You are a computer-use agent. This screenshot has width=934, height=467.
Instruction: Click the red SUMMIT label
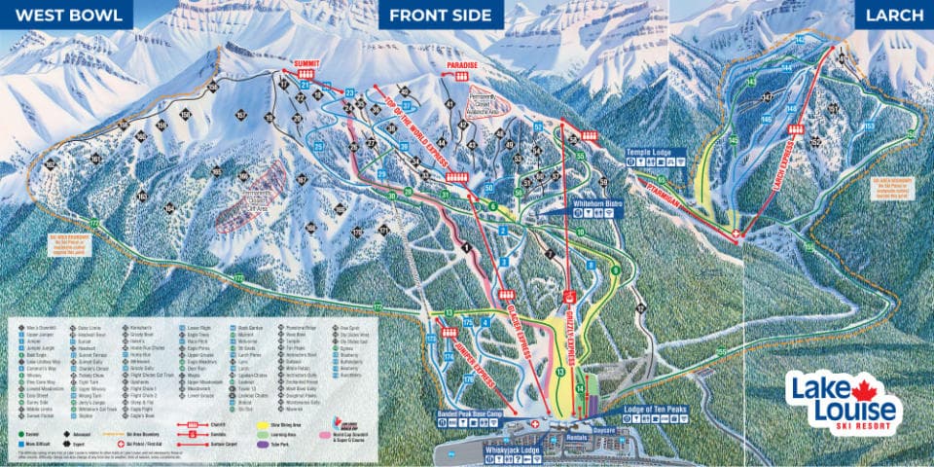coord(305,62)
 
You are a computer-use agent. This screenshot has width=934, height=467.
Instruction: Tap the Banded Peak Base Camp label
coord(482,413)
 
